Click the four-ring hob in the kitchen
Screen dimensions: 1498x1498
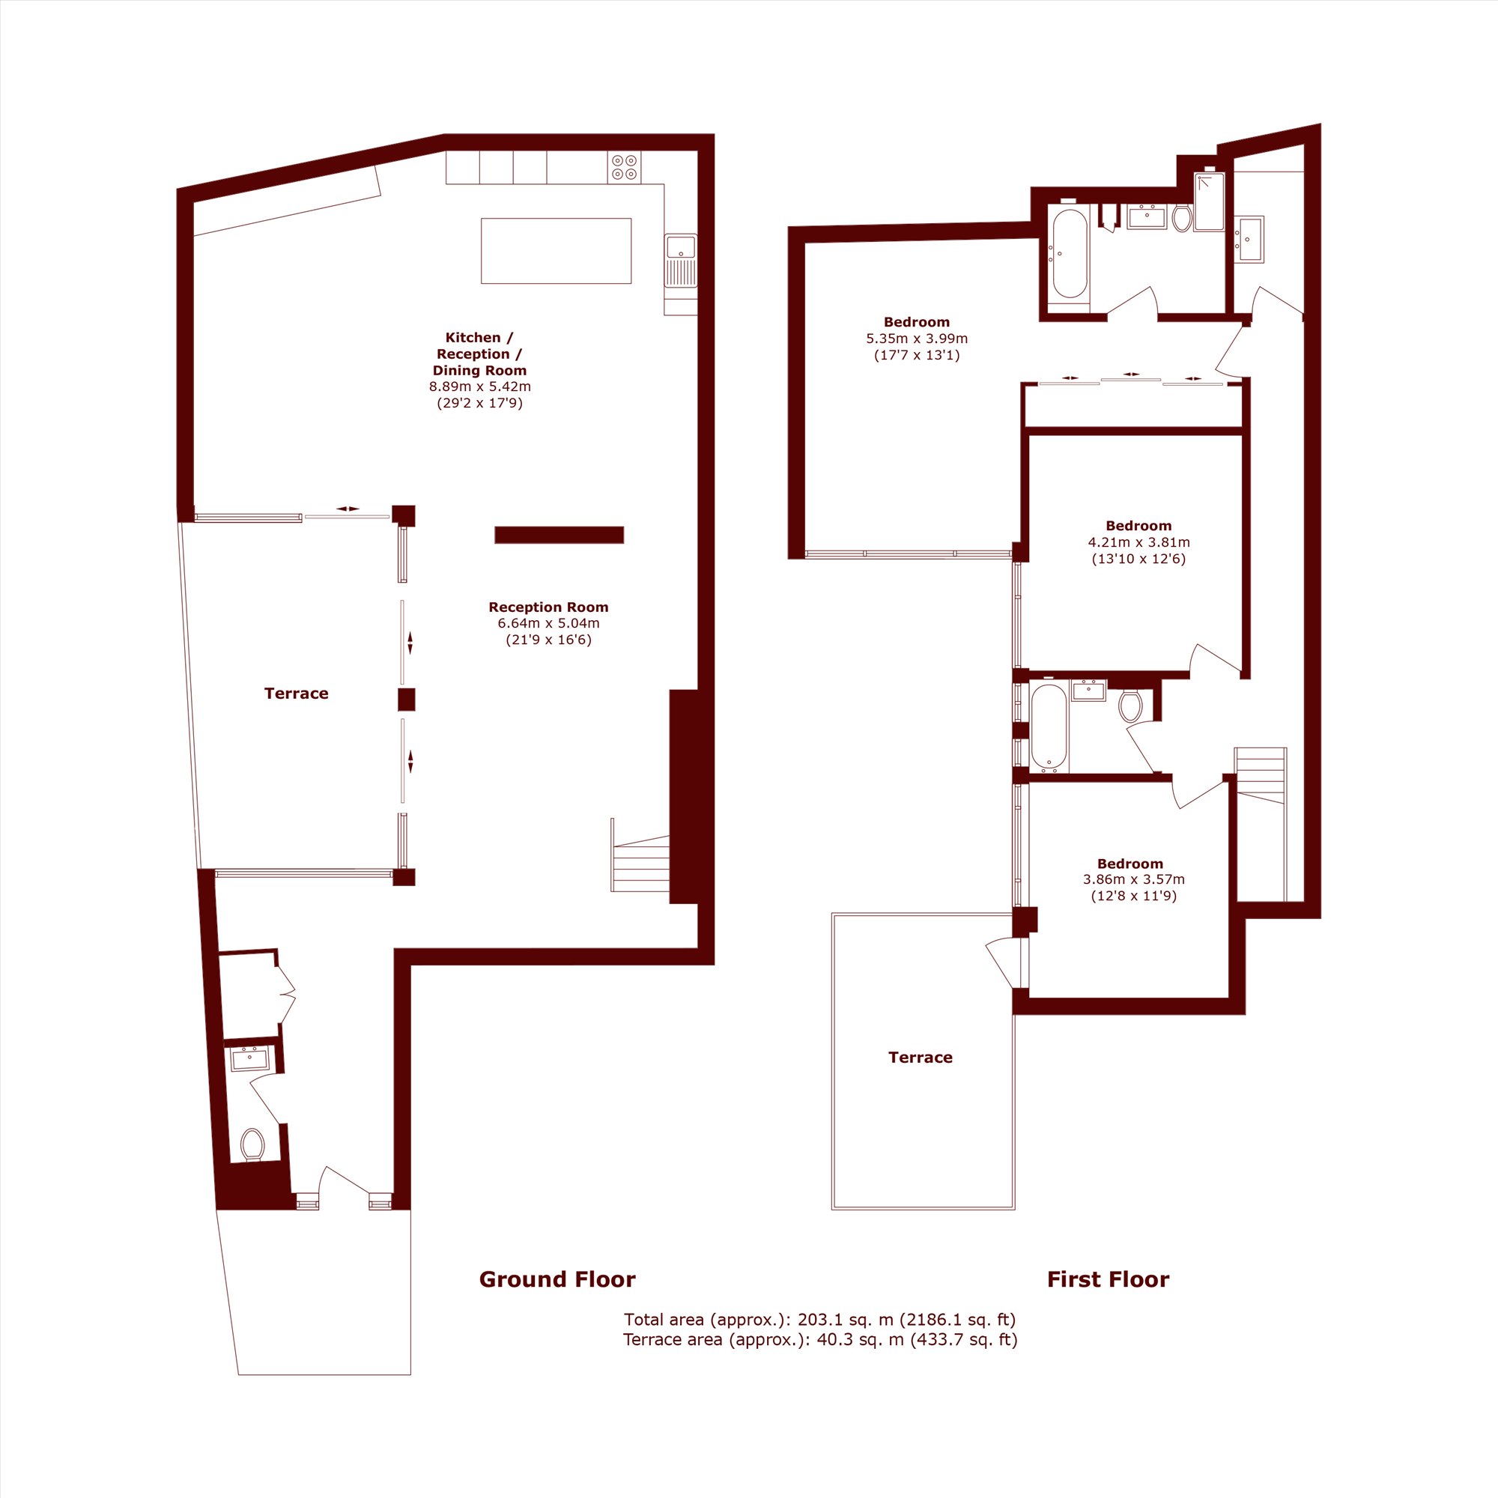(624, 167)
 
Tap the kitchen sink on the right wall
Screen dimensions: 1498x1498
(681, 261)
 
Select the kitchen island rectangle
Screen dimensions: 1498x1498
(556, 250)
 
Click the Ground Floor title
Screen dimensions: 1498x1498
(557, 1279)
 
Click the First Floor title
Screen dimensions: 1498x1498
(1108, 1279)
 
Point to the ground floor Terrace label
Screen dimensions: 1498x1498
(296, 693)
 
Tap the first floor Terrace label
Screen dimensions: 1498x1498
(921, 1057)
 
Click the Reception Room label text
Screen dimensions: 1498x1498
(548, 607)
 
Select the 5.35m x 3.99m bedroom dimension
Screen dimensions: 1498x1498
(917, 339)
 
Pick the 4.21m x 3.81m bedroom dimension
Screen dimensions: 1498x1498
(1138, 543)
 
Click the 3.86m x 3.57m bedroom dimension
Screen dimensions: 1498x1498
(1133, 879)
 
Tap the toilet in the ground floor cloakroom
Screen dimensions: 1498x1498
(252, 1144)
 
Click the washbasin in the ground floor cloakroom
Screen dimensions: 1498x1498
(249, 1058)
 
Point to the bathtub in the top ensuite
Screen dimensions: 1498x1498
(1070, 254)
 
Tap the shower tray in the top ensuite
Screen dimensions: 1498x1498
(1209, 201)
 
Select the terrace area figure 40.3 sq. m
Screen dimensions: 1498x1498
(860, 1339)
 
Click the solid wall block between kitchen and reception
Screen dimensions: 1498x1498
(559, 535)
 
